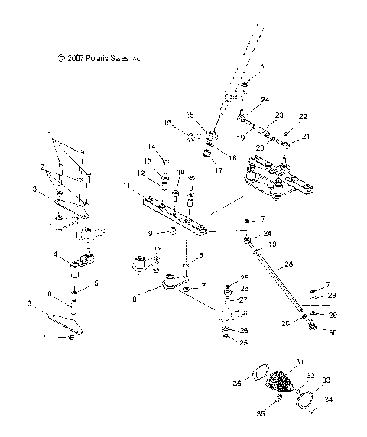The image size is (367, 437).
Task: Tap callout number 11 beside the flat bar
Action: [x=126, y=186]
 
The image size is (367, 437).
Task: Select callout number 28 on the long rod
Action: [x=287, y=265]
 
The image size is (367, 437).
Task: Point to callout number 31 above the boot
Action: [x=300, y=361]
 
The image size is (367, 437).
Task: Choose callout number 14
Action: [x=151, y=147]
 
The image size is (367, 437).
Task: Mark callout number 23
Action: [x=280, y=115]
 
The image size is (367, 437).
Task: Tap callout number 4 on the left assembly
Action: [x=56, y=254]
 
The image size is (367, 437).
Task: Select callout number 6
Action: [x=50, y=294]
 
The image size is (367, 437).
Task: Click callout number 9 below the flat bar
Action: [x=151, y=232]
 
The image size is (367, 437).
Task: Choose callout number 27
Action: [x=244, y=300]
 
